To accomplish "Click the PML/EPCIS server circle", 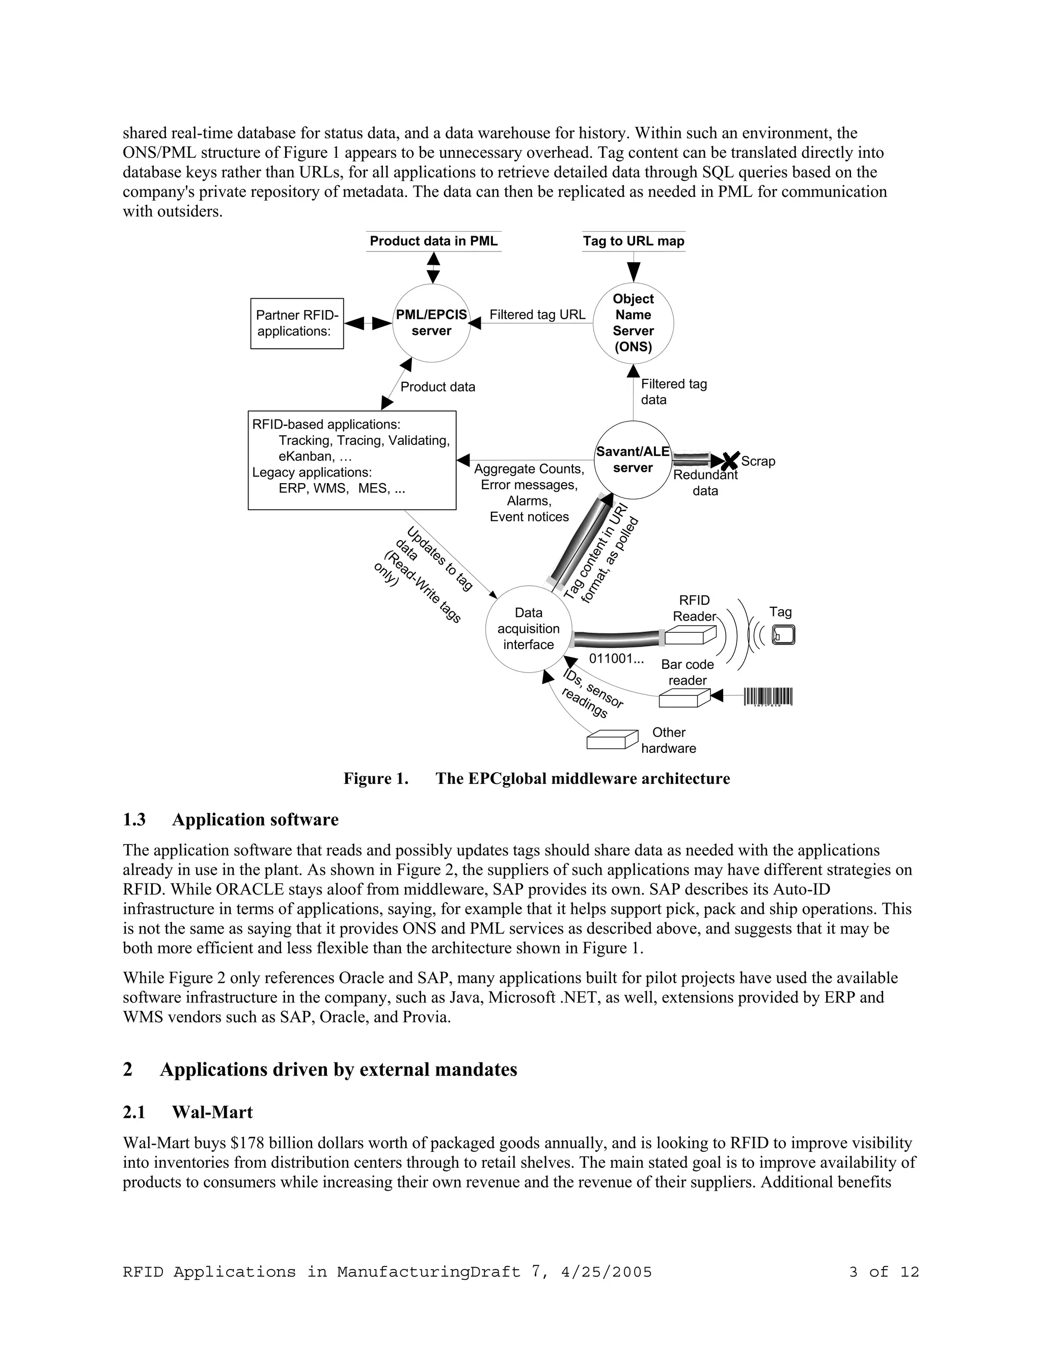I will (x=431, y=323).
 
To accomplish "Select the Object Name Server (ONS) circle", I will (x=633, y=323).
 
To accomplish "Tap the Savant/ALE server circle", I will (x=633, y=460).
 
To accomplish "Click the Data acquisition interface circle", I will (x=528, y=629).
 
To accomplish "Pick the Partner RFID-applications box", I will (x=296, y=323).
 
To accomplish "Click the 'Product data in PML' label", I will (x=433, y=241).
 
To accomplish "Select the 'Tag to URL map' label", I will (x=634, y=241).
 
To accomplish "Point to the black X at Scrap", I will (x=730, y=460).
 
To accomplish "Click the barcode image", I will (x=768, y=697).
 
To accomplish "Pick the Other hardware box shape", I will (x=612, y=739).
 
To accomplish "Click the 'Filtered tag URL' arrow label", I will (x=537, y=315).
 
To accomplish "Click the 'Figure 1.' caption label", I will (x=376, y=778).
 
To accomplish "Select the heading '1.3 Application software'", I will (x=231, y=820).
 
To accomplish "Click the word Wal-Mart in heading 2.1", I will (x=212, y=1112).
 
